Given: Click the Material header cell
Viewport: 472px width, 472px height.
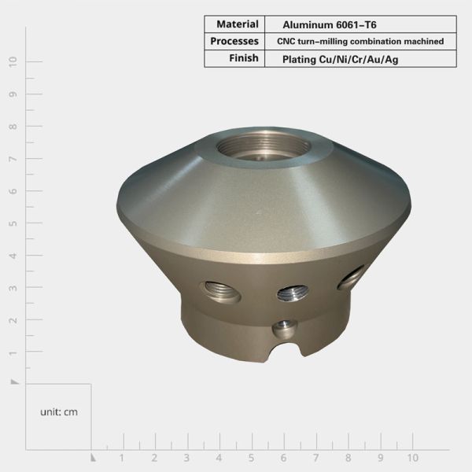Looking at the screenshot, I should pos(233,24).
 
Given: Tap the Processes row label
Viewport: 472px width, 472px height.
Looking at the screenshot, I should pos(234,41).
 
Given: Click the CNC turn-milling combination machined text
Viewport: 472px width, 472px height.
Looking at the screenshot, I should pos(360,41).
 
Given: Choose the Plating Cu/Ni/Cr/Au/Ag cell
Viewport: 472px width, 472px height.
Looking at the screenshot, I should pos(334,59).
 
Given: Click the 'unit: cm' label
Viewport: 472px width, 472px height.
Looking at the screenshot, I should pos(59,411).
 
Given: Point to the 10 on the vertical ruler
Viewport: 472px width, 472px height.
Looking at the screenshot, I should pos(13,61).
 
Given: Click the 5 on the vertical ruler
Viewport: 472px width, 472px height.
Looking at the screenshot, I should pos(13,223).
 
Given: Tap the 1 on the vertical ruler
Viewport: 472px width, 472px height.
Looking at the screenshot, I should pos(13,352).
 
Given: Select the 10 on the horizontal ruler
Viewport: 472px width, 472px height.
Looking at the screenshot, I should pos(412,458).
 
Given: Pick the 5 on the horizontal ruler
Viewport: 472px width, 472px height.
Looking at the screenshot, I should pos(251,458).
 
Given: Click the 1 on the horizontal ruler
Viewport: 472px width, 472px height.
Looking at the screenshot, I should pos(122,458).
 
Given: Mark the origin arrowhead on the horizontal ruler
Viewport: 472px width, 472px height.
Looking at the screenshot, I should pos(93,456).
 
